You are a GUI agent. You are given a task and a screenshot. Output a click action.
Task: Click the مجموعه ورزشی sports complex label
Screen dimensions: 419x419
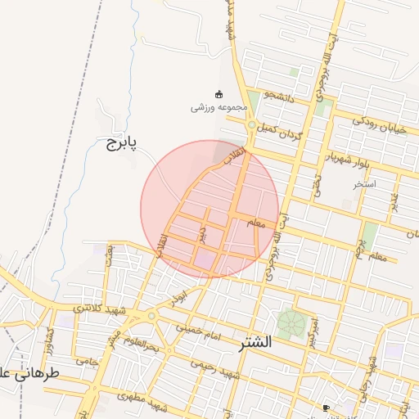coord(214,107)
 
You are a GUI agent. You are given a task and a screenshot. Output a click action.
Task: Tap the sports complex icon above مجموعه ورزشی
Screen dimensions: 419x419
coord(218,93)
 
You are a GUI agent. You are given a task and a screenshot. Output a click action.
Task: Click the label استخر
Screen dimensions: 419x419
coord(364,184)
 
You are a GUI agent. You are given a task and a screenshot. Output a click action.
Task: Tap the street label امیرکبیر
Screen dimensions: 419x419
coord(313,327)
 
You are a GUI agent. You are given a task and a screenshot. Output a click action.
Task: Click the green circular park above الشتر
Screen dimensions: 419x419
coord(290,323)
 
